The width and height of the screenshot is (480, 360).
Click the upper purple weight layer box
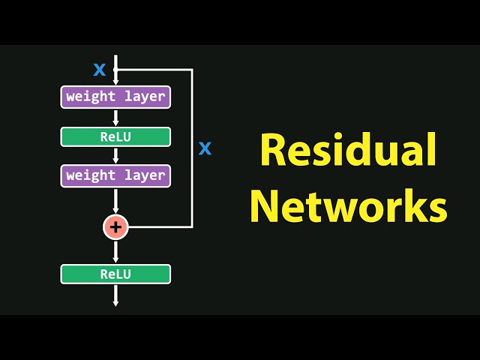pyautogui.click(x=115, y=97)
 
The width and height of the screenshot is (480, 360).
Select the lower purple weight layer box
pyautogui.click(x=115, y=175)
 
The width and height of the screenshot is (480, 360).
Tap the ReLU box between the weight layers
pyautogui.click(x=115, y=136)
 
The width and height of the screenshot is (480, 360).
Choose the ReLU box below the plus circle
pyautogui.click(x=115, y=274)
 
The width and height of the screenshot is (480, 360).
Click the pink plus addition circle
pyautogui.click(x=115, y=226)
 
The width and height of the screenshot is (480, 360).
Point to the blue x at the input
pyautogui.click(x=99, y=70)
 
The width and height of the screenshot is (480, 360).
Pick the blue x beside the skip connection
pyautogui.click(x=205, y=148)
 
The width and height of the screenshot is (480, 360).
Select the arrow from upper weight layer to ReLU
pyautogui.click(x=115, y=117)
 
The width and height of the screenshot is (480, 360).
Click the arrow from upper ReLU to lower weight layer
pyautogui.click(x=115, y=156)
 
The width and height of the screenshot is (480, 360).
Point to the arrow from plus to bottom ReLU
pyautogui.click(x=115, y=251)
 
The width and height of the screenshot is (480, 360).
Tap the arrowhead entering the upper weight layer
pyautogui.click(x=115, y=82)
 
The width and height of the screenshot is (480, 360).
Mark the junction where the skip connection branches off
pyautogui.click(x=115, y=70)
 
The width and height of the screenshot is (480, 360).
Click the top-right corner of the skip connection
pyautogui.click(x=193, y=70)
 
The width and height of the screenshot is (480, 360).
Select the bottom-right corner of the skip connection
pyautogui.click(x=193, y=226)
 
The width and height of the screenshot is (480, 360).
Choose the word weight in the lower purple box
pyautogui.click(x=88, y=175)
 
